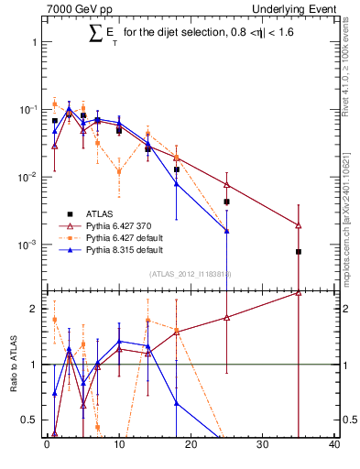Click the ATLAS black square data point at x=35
pyautogui.click(x=299, y=252)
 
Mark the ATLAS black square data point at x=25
pyautogui.click(x=226, y=202)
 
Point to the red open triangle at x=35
pyautogui.click(x=299, y=224)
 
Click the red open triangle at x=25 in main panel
pyautogui.click(x=226, y=184)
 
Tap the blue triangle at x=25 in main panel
pyautogui.click(x=226, y=231)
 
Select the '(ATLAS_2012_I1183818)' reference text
pyautogui.click(x=191, y=273)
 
